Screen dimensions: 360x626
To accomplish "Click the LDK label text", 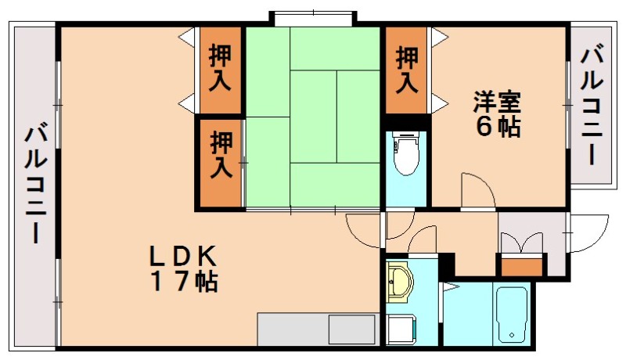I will [183, 256].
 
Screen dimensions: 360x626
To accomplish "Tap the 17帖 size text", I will [185, 282].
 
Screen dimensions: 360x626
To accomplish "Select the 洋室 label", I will [496, 103].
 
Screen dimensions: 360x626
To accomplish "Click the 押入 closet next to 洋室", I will [406, 69].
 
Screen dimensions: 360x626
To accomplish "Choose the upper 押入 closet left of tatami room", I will [220, 68].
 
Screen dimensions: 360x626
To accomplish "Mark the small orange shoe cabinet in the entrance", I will [522, 265].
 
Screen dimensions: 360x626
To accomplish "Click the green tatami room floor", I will [313, 117].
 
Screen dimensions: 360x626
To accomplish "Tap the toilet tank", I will [406, 140].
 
